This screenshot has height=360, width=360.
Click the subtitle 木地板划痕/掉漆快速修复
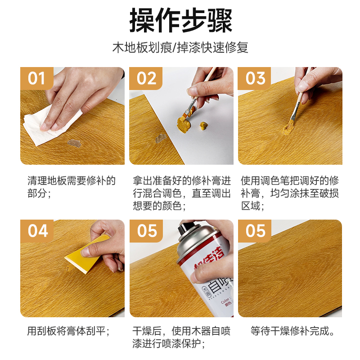click(180, 48)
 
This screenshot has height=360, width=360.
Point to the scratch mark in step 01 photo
click(74, 143)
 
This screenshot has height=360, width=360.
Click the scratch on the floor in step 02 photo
click(161, 138)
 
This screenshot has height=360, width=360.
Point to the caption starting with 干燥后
click(181, 338)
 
